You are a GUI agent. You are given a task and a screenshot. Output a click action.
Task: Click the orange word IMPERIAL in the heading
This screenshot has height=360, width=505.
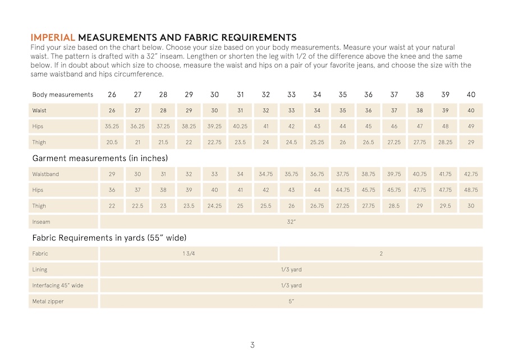[53, 38]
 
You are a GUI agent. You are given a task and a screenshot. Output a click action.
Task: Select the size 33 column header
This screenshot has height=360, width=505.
[291, 95]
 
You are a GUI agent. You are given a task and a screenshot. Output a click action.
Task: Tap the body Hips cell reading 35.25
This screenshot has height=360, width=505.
[112, 127]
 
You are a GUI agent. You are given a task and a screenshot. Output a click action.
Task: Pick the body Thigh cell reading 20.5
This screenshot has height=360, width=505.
[112, 142]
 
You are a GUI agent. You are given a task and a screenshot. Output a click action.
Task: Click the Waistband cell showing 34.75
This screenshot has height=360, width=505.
[266, 174]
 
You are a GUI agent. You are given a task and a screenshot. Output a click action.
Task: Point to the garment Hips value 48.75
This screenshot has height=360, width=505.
[471, 190]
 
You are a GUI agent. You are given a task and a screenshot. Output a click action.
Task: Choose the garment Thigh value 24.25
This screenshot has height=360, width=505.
[214, 206]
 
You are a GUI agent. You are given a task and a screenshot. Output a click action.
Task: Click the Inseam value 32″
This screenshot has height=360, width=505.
[291, 222]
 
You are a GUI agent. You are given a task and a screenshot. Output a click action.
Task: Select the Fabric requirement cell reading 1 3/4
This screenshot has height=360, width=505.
[189, 253]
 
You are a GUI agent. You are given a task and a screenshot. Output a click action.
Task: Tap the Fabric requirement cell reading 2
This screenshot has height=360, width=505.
[381, 253]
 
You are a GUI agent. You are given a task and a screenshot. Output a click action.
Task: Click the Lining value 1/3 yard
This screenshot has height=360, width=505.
[291, 270]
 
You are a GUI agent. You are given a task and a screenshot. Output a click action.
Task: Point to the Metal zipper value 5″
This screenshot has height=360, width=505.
[291, 302]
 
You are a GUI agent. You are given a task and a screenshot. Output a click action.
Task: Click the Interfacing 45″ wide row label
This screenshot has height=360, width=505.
[58, 285]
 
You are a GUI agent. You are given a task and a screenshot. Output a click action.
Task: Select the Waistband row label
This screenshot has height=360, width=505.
[45, 174]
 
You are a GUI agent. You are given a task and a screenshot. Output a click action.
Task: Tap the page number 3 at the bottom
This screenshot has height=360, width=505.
[252, 345]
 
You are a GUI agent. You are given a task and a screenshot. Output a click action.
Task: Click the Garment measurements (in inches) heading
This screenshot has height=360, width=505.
[100, 159]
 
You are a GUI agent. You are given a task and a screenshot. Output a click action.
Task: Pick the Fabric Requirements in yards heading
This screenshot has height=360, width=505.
[109, 238]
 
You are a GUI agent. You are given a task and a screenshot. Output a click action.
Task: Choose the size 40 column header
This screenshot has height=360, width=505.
[471, 95]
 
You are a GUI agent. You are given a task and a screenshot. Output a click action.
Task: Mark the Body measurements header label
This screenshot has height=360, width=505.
[63, 95]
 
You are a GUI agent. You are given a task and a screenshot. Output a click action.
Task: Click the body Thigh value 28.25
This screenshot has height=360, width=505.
[445, 142]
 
